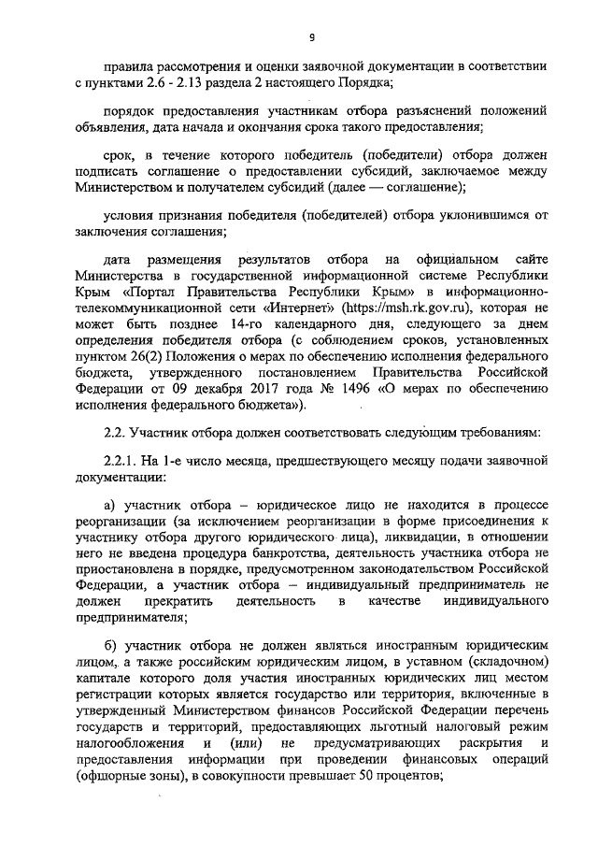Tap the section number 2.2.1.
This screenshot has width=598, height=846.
pyautogui.click(x=121, y=461)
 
